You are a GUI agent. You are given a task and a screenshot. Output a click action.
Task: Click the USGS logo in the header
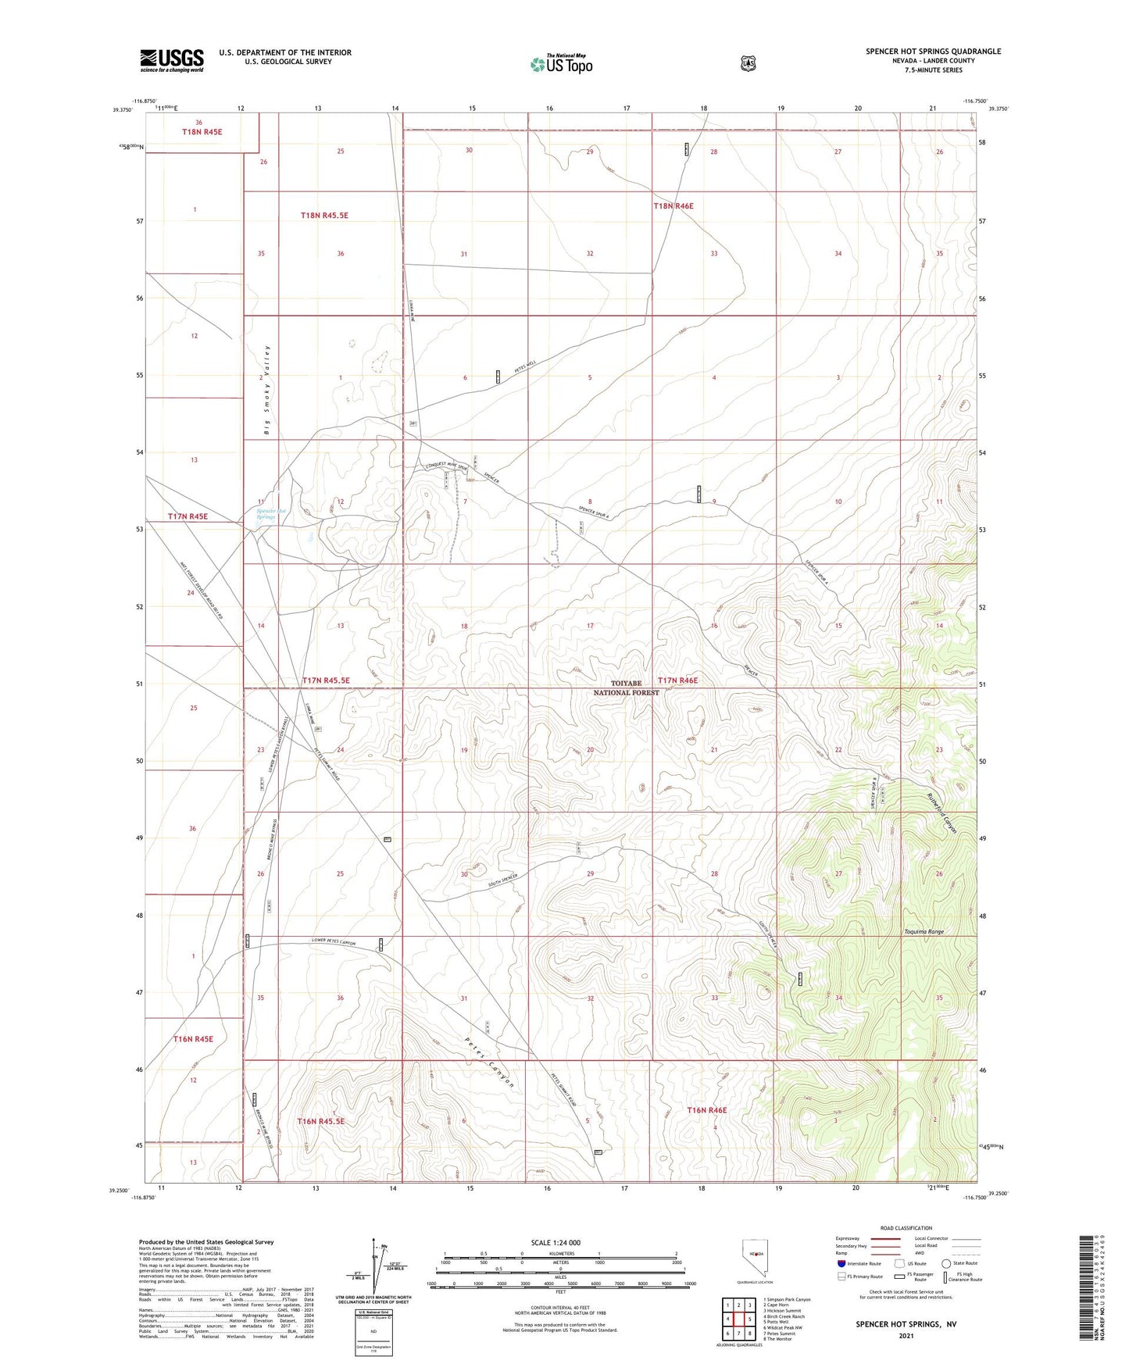pyautogui.click(x=172, y=60)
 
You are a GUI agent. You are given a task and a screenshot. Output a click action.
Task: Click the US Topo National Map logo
pyautogui.click(x=560, y=63)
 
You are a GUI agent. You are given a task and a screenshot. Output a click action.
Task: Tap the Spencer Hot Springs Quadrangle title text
pyautogui.click(x=933, y=52)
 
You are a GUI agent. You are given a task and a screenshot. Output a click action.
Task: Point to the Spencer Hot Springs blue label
pyautogui.click(x=271, y=514)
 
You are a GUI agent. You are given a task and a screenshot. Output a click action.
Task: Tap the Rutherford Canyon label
pyautogui.click(x=941, y=814)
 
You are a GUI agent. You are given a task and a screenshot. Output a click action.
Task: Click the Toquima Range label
pyautogui.click(x=924, y=932)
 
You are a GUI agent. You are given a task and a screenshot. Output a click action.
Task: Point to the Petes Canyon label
pyautogui.click(x=489, y=1062)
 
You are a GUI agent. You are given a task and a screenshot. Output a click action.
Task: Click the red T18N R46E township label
pyautogui.click(x=673, y=206)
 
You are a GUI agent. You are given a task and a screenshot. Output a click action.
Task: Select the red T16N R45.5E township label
pyautogui.click(x=320, y=1121)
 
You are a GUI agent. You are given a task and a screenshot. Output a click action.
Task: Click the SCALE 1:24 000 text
pyautogui.click(x=556, y=1242)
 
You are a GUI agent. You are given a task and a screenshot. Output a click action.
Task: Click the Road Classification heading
pyautogui.click(x=906, y=1228)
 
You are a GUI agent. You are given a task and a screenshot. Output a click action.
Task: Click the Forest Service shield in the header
pyautogui.click(x=748, y=63)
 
